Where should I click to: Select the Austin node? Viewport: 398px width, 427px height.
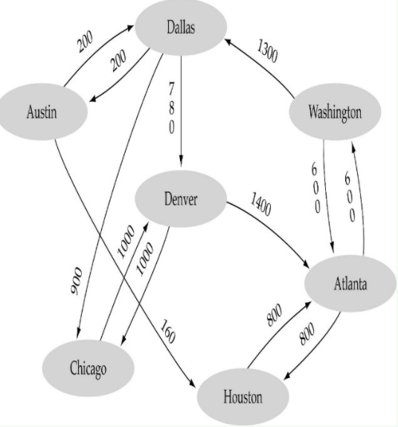[42, 113]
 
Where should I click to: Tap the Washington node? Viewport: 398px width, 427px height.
[335, 113]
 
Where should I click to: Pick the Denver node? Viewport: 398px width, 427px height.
[180, 199]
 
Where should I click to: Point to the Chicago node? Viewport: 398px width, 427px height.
[88, 367]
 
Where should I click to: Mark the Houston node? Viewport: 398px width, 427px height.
[243, 396]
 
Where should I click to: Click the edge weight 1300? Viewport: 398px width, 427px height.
[269, 52]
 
